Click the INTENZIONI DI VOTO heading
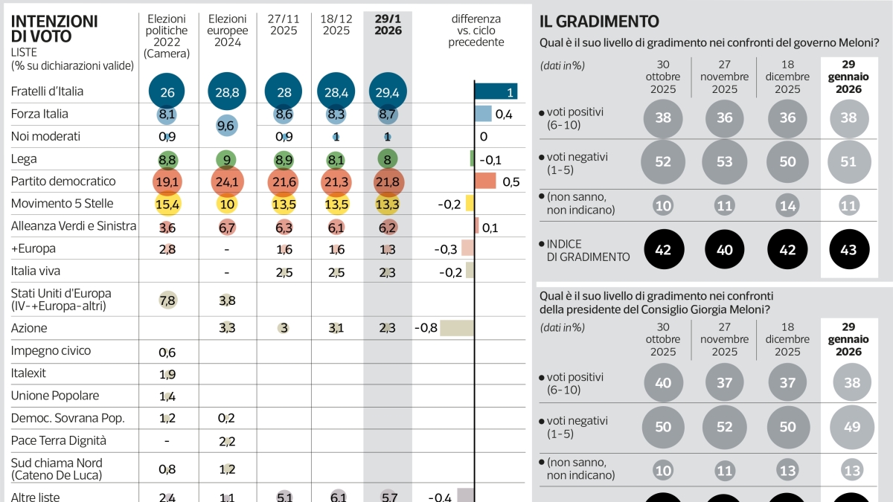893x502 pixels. [x=54, y=29]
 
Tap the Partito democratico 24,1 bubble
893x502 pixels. [x=227, y=181]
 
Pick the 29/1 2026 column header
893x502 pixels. [x=388, y=25]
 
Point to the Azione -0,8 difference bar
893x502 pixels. [x=456, y=328]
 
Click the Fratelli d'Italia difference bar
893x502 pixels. [x=496, y=91]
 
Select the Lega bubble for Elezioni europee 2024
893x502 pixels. [x=227, y=159]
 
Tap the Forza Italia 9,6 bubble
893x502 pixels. [x=227, y=126]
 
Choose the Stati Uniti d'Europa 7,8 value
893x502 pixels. [x=167, y=299]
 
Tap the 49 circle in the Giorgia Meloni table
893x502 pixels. [x=852, y=427]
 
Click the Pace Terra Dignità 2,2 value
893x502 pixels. [x=227, y=440]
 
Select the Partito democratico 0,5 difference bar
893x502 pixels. [x=485, y=181]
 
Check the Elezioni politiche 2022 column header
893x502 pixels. [x=167, y=36]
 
